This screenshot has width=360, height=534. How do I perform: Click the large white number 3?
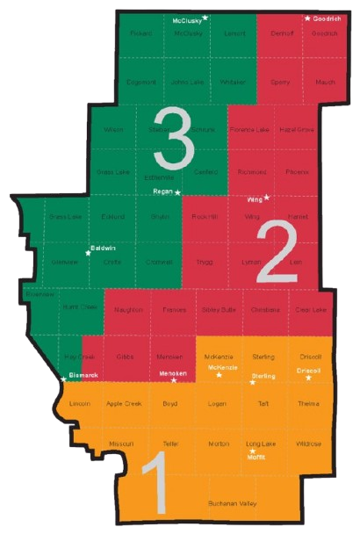172,136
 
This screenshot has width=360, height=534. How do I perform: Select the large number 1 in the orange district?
155,487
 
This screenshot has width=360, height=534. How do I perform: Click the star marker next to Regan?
177,191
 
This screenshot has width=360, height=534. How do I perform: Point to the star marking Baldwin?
88,253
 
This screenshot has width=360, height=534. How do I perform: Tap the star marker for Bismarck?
63,380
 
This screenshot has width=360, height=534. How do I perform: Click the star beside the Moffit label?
248,451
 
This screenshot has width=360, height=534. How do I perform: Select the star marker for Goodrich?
307,18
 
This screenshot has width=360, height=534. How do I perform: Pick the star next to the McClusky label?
205,18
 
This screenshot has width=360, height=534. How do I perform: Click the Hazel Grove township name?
297,129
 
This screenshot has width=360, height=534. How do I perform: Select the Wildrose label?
308,444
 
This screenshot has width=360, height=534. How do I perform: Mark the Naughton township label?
128,310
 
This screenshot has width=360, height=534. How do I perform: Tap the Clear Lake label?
311,310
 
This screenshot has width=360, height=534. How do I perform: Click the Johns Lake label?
186,82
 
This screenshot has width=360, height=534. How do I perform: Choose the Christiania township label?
264,310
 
